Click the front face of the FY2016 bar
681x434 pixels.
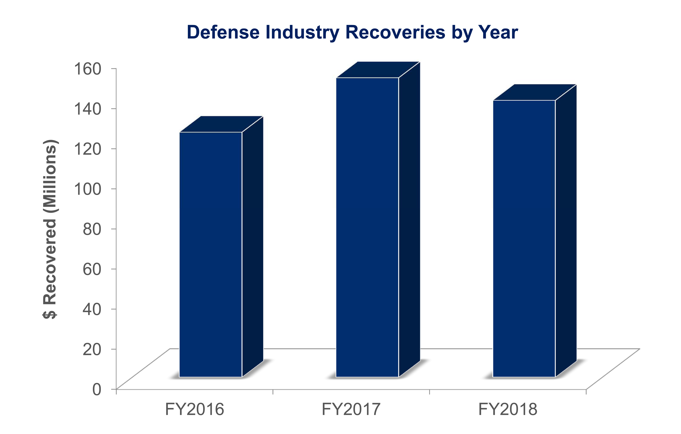click(211, 255)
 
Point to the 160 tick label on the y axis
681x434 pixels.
click(87, 69)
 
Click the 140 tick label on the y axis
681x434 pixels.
click(87, 109)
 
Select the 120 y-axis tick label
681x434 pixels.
click(87, 149)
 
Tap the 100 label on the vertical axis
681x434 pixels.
click(87, 189)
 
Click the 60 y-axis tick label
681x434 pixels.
click(92, 269)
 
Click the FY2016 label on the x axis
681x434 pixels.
click(195, 409)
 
